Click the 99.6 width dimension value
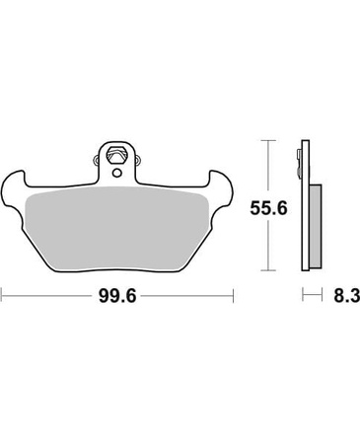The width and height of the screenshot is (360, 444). click(117, 296)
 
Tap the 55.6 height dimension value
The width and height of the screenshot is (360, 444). click(268, 208)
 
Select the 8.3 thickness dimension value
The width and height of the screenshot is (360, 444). click(346, 295)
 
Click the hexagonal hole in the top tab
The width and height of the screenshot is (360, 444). click(117, 155)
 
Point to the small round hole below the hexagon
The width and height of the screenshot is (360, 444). click(116, 173)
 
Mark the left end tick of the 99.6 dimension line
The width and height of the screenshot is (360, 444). click(2, 296)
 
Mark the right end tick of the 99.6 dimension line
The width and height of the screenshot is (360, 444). click(233, 296)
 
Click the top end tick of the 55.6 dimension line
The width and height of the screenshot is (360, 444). click(268, 140)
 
